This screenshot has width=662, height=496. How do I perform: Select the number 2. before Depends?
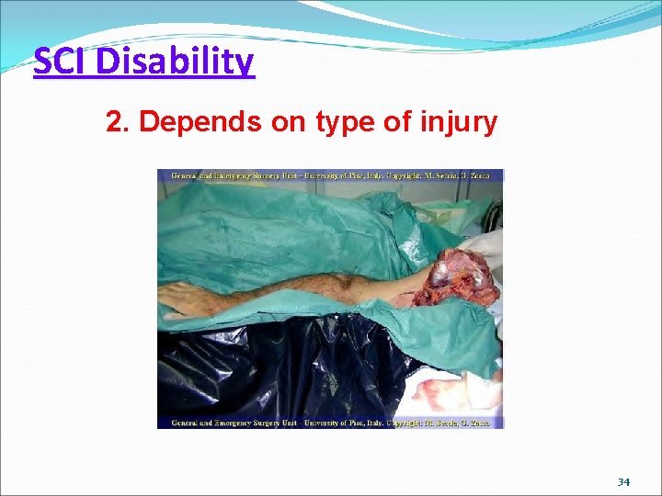tap(116, 122)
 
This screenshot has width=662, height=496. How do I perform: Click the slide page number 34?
tap(623, 481)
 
